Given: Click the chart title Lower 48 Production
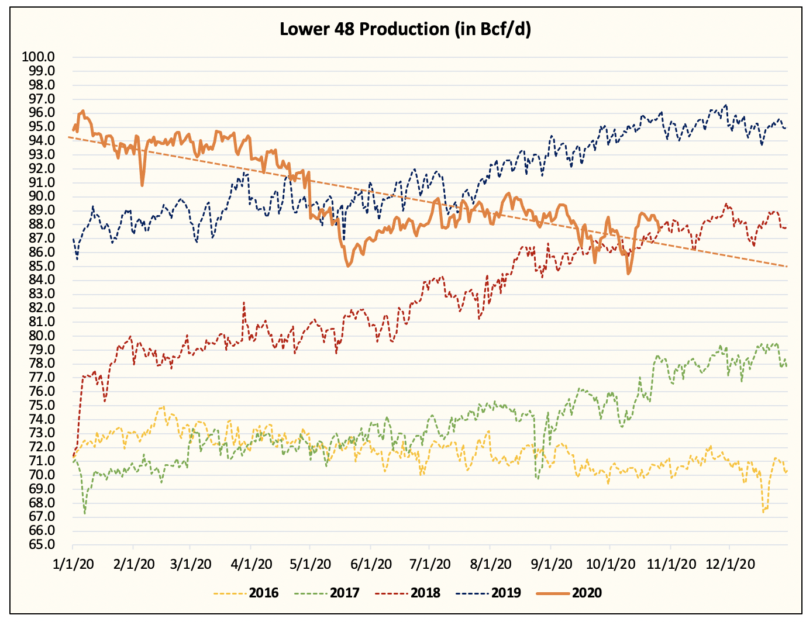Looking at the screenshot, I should coord(405,29).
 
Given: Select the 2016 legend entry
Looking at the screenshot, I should coord(263,593).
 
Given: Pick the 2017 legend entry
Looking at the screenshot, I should coord(345,593).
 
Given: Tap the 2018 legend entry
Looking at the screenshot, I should coord(425,593).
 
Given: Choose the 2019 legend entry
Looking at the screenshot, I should coord(506,593).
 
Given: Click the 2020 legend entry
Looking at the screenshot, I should coord(586,593).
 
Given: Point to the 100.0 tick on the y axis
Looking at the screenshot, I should coord(38,57).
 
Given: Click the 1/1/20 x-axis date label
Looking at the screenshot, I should coord(73,564).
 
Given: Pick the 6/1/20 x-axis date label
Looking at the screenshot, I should coord(371,564).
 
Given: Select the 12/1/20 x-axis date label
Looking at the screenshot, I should coord(729,564).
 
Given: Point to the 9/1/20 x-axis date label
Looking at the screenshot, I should coord(550,564).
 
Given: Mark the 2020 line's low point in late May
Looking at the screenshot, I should coord(348,266).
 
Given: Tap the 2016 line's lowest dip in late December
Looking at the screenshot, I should coord(764,512).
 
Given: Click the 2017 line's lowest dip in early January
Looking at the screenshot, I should coord(85,513).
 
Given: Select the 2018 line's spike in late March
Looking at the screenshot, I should coord(244,303).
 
